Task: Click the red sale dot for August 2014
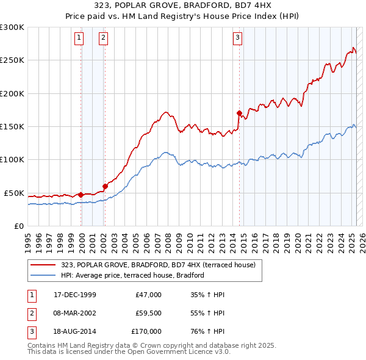coord(239,113)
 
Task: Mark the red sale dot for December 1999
coord(81,195)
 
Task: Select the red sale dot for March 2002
coord(105,186)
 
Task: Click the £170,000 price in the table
coord(146,331)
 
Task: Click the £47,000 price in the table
coord(148,295)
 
